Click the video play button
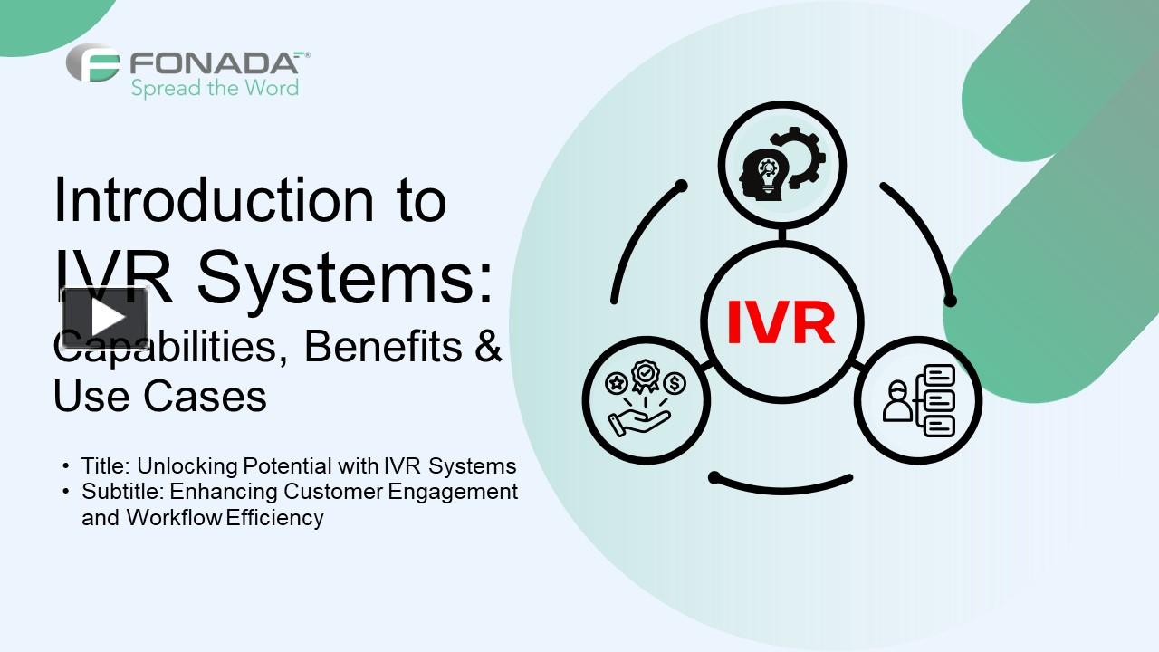click(x=105, y=318)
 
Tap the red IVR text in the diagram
click(x=781, y=323)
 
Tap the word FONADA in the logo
click(x=214, y=63)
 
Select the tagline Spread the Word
click(x=215, y=88)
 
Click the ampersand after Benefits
click(x=488, y=346)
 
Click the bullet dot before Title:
click(x=66, y=465)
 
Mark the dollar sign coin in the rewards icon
click(x=675, y=383)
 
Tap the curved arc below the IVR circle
click(x=782, y=484)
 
